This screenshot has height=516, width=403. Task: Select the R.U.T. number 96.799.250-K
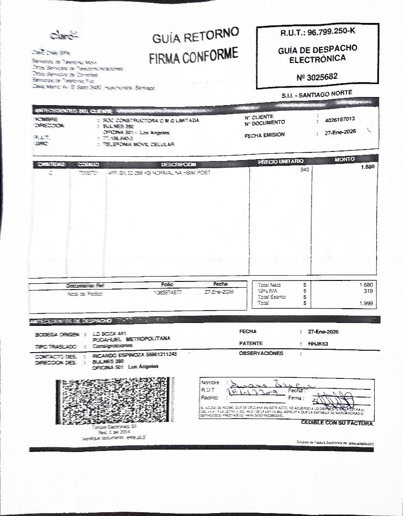click(332, 32)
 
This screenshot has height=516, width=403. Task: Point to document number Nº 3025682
click(317, 76)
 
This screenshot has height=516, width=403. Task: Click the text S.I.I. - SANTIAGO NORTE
click(317, 95)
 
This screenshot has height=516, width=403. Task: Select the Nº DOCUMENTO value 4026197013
click(339, 119)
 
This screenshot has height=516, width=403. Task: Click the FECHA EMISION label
click(264, 135)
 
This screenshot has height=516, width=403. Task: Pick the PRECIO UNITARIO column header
click(280, 162)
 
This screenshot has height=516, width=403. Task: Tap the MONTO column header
click(345, 159)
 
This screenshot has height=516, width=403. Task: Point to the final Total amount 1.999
click(366, 303)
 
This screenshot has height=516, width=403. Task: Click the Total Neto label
click(269, 285)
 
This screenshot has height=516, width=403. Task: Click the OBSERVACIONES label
click(261, 354)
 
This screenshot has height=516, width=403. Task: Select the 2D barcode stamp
click(114, 402)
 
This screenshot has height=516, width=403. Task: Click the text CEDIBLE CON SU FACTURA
click(337, 423)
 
